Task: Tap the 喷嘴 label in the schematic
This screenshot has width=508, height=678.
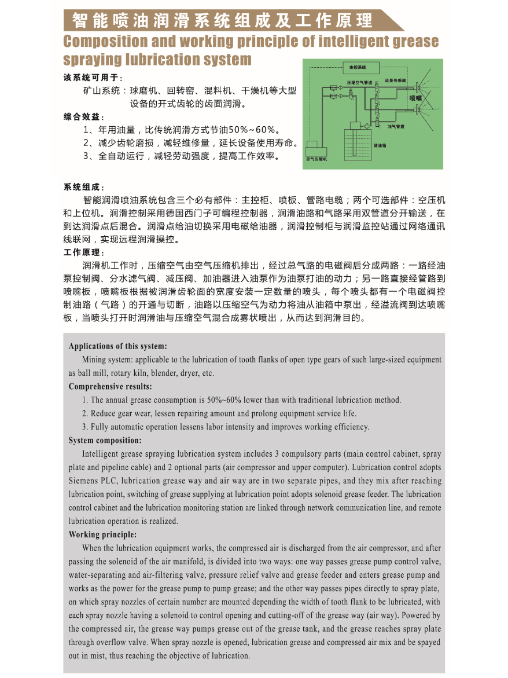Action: pyautogui.click(x=416, y=99)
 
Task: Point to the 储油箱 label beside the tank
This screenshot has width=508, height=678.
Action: pyautogui.click(x=380, y=145)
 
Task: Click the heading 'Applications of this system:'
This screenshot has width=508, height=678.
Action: pyautogui.click(x=117, y=346)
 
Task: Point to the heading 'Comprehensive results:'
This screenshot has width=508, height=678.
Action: pyautogui.click(x=110, y=386)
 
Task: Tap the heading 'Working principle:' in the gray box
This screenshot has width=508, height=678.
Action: pyautogui.click(x=102, y=534)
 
